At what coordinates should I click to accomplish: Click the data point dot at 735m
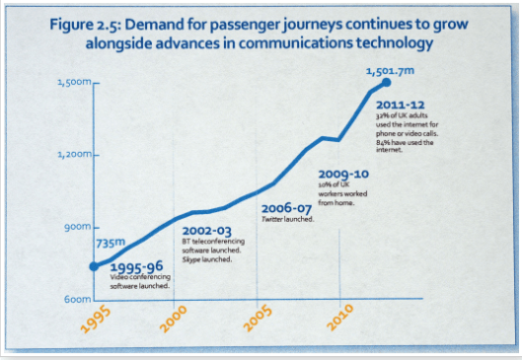pyautogui.click(x=94, y=264)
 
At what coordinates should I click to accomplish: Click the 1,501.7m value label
pyautogui.click(x=390, y=71)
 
